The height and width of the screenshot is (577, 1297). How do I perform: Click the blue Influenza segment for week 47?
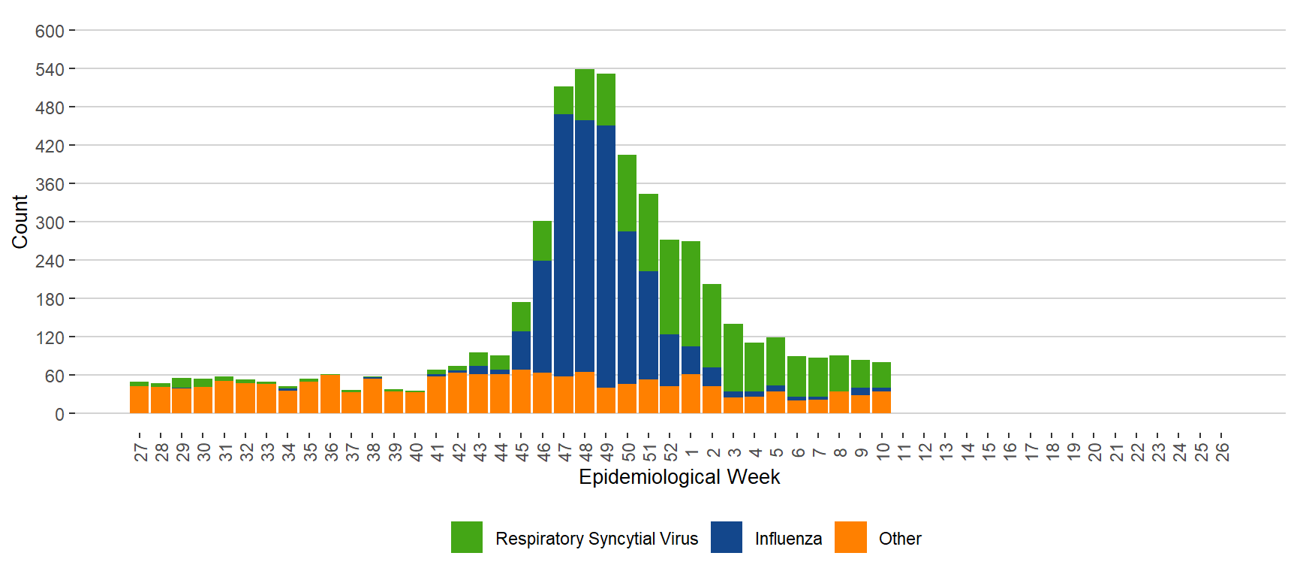tap(563, 244)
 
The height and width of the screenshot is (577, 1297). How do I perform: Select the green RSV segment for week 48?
tap(585, 94)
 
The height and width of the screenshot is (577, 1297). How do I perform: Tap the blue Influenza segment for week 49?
tap(606, 255)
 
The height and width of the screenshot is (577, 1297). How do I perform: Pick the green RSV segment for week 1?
tap(691, 293)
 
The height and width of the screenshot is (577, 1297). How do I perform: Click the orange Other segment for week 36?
tap(330, 394)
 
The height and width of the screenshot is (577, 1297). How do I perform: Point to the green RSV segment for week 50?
tap(627, 192)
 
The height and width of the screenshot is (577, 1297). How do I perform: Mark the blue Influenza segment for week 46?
tap(542, 316)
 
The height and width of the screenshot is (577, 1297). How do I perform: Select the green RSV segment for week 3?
tap(733, 357)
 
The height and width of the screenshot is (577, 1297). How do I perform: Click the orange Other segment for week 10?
tap(881, 402)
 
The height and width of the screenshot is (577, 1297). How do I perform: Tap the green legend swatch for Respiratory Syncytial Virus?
tap(466, 537)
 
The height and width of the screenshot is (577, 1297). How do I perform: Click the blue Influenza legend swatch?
tap(726, 537)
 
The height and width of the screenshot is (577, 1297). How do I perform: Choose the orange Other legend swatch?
tap(850, 537)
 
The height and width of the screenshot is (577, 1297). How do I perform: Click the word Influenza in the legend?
tap(788, 539)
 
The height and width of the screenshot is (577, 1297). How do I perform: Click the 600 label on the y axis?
tap(50, 32)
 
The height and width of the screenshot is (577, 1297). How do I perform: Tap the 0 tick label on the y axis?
tap(59, 414)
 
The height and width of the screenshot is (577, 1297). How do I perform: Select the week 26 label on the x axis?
tap(1222, 451)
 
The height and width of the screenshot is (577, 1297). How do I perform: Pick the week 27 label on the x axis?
tap(140, 451)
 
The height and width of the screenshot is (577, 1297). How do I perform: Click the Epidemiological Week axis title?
tap(679, 477)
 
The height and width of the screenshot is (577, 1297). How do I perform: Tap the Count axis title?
tap(20, 222)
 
